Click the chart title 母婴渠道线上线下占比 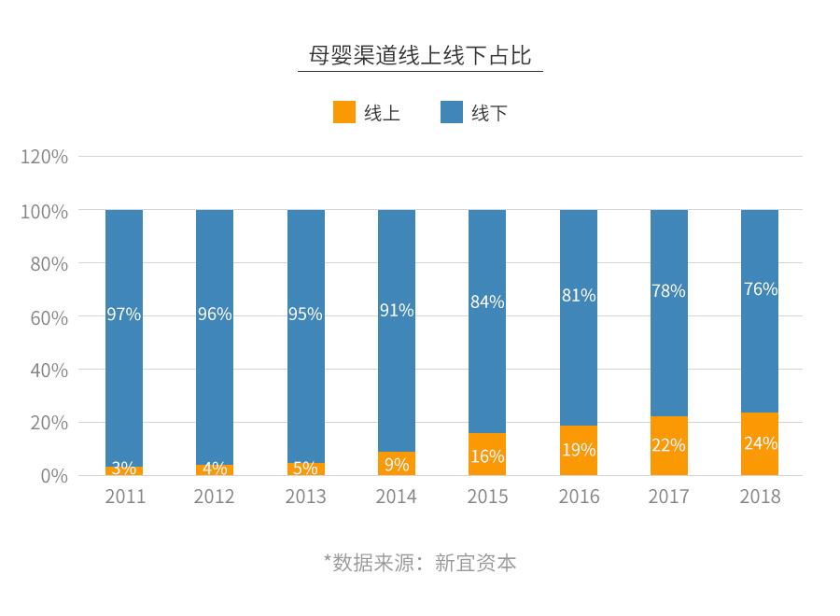[x=420, y=56]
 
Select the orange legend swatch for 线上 [x=344, y=113]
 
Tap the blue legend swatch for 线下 [x=452, y=113]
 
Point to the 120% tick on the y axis [x=45, y=157]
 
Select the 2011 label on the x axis [x=125, y=496]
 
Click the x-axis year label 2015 [x=487, y=496]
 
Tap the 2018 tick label [x=760, y=496]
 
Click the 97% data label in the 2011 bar [x=124, y=315]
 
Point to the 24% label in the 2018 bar [x=760, y=443]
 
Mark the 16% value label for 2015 [x=487, y=456]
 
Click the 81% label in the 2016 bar [x=578, y=296]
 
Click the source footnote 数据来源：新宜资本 [x=420, y=563]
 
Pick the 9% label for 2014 [x=397, y=465]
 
